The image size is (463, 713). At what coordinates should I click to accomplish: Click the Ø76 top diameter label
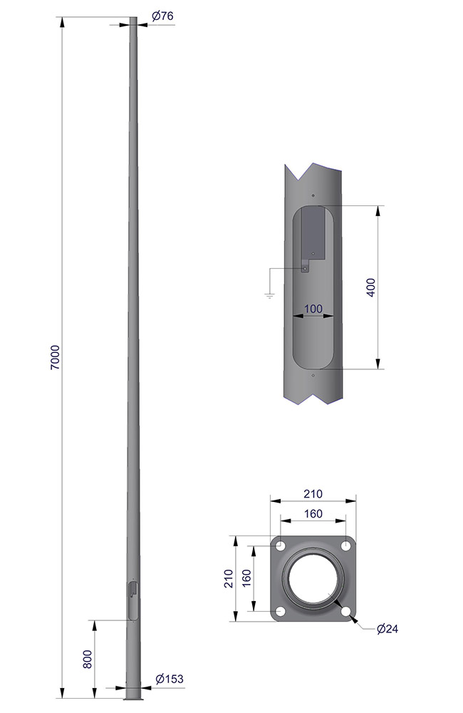click(x=162, y=16)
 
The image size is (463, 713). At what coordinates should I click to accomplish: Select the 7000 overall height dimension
click(x=55, y=357)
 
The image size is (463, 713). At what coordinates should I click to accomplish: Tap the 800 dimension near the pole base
click(x=88, y=659)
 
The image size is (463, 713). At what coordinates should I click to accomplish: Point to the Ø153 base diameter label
click(x=169, y=679)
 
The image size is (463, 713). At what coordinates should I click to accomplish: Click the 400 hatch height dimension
click(x=371, y=287)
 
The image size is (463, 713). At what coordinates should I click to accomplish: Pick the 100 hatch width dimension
click(x=313, y=309)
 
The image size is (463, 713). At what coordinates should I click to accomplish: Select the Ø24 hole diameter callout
click(x=387, y=629)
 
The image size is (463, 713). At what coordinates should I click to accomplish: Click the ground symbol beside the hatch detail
click(x=269, y=297)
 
